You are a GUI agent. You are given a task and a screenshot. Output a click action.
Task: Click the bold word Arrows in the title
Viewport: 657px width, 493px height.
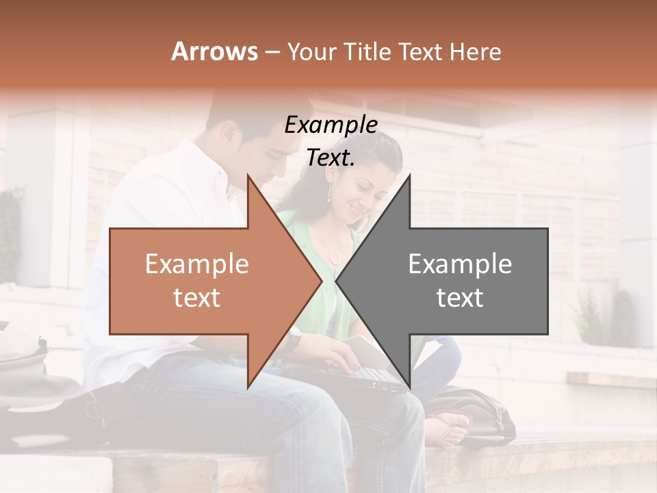(215, 51)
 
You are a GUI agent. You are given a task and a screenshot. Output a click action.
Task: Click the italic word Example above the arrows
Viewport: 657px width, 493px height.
(331, 125)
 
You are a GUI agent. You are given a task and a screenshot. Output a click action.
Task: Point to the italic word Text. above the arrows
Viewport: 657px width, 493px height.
(331, 158)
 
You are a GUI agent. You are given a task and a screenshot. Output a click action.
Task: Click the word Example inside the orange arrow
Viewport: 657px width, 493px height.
(197, 264)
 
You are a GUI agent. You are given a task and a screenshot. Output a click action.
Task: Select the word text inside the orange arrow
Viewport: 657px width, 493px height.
(197, 298)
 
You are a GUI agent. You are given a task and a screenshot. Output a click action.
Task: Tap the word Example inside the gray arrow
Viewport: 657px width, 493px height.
(460, 264)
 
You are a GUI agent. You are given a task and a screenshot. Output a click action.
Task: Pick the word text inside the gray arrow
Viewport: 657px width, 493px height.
(460, 298)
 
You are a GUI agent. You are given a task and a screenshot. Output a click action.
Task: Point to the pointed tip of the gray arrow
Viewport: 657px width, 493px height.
(337, 281)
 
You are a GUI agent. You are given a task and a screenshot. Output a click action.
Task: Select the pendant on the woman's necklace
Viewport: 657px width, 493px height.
(335, 257)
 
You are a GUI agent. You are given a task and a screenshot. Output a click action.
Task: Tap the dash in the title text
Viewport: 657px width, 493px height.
(272, 53)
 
